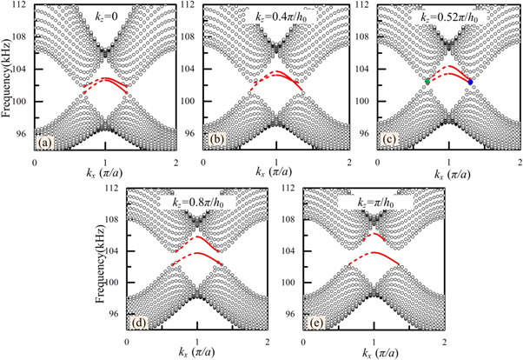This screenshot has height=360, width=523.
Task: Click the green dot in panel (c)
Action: [x=428, y=81]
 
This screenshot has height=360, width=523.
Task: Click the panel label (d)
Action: [x=136, y=324]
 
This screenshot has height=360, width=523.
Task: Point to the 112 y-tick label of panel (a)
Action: [x=22, y=6]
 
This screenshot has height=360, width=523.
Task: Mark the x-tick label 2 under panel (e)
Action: [x=444, y=342]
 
